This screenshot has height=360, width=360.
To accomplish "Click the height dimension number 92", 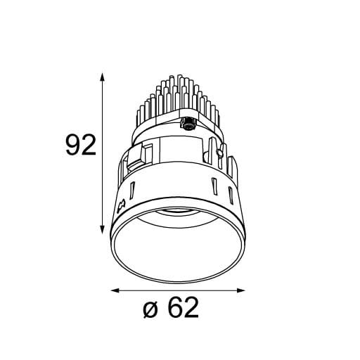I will point(79,146).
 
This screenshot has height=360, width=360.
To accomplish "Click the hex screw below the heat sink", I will point(188,125).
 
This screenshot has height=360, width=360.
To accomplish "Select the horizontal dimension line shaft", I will point(179,290).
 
